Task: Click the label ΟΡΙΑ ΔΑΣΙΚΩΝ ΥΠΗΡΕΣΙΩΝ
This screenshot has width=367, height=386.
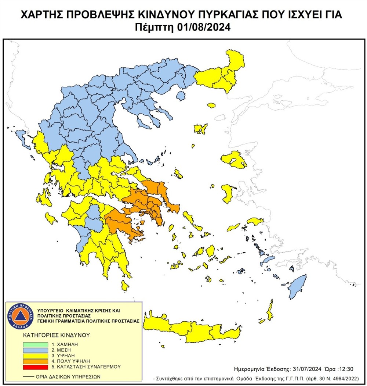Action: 68,376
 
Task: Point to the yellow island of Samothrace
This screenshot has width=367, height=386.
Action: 211,106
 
